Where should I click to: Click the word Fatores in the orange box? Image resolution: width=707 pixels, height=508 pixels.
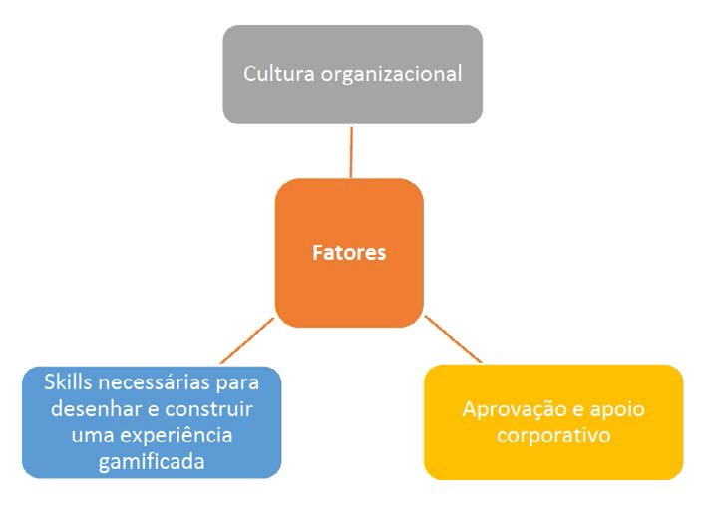[349, 253]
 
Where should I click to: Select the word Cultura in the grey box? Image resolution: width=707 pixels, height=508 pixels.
[278, 74]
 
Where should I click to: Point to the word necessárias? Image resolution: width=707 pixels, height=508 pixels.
[154, 382]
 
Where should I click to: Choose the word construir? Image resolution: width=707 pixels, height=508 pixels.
[208, 409]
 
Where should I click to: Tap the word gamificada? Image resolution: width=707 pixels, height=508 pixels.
[152, 462]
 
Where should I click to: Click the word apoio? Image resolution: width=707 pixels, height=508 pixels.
[617, 410]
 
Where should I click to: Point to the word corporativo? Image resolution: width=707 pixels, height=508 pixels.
[553, 436]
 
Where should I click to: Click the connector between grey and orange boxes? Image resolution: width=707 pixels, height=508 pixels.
[351, 151]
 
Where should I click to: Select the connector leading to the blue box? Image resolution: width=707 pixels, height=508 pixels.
[247, 341]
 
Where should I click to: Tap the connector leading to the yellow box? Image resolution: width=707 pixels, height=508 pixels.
[453, 339]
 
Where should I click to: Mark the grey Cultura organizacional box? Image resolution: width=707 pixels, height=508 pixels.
[353, 74]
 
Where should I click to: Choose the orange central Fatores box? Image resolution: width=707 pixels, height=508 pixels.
[349, 253]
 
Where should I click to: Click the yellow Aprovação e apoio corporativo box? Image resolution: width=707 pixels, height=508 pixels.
[553, 422]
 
